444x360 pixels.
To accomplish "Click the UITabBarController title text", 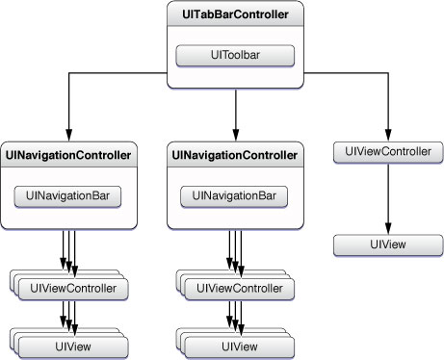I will click(235, 16).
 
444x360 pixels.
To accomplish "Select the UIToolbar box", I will click(235, 55).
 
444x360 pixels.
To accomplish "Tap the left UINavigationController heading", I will click(68, 154).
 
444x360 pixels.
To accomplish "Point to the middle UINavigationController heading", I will click(234, 154).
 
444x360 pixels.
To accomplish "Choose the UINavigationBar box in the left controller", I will click(68, 195).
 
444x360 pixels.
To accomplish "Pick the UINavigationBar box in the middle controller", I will click(234, 195).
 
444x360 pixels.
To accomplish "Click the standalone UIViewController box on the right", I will click(387, 151).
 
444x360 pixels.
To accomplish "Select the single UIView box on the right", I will click(387, 244).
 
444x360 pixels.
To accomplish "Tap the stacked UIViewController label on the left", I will click(73, 288).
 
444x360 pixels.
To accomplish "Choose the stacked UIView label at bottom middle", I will click(239, 344).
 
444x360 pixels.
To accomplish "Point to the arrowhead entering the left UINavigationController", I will click(68, 136).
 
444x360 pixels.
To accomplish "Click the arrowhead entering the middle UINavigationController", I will click(234, 136).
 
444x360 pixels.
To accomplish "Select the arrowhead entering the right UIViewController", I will click(387, 134).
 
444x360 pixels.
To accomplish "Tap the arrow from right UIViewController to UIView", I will click(387, 197).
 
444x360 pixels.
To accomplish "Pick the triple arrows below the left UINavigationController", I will click(68, 252).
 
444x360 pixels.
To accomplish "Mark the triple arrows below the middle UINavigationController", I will click(234, 252).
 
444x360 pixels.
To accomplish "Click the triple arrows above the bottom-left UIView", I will click(68, 314).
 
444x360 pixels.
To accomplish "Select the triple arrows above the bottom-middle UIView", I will click(234, 314).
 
